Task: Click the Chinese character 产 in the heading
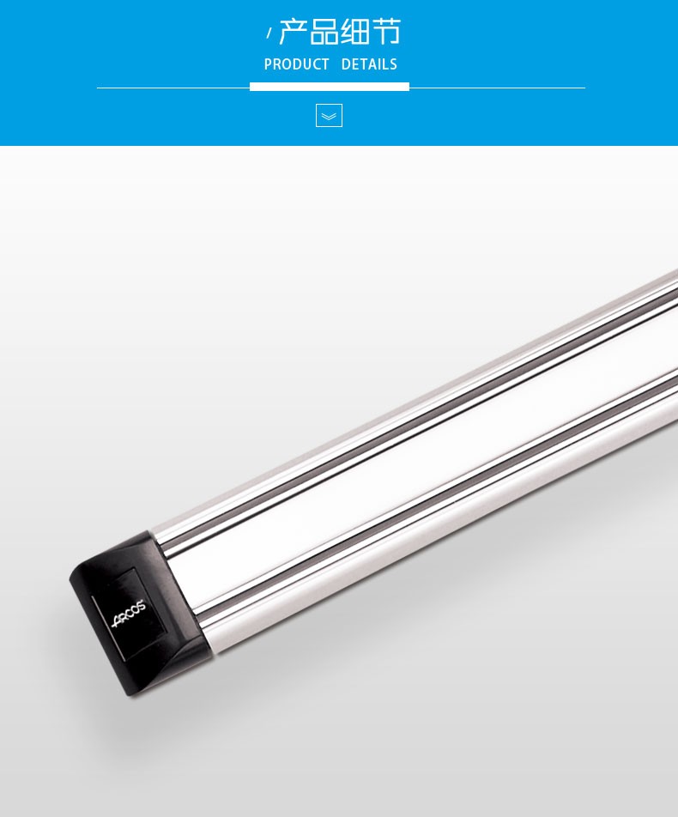click(293, 32)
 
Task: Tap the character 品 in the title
click(324, 32)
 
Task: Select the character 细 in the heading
click(354, 32)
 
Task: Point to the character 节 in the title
click(385, 32)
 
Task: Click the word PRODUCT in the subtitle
click(297, 64)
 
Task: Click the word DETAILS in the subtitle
click(369, 64)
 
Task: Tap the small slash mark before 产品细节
click(269, 33)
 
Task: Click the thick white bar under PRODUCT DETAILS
click(330, 87)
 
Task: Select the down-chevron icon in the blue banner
click(329, 116)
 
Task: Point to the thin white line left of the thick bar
click(173, 88)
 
